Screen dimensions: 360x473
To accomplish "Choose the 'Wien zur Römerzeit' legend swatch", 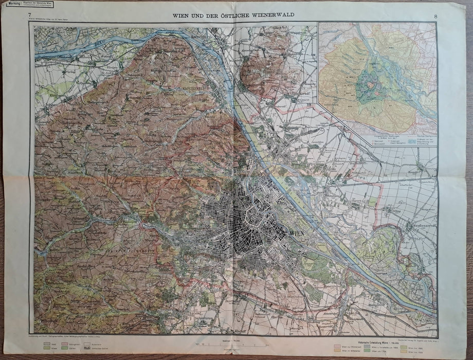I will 339,347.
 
